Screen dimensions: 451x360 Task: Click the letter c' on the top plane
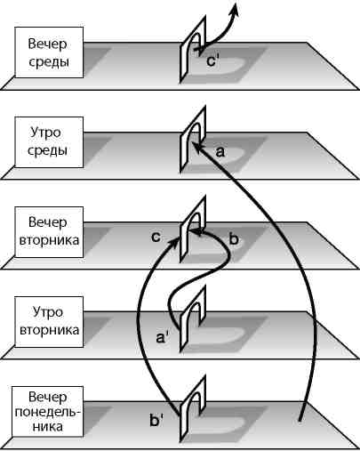click(x=212, y=63)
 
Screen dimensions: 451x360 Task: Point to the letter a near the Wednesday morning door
click(x=220, y=152)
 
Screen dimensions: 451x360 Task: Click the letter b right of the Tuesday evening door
click(x=234, y=239)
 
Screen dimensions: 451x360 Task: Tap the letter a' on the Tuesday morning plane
click(x=163, y=337)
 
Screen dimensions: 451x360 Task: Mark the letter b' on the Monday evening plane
click(x=156, y=415)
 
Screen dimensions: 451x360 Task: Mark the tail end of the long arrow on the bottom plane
click(x=303, y=418)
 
